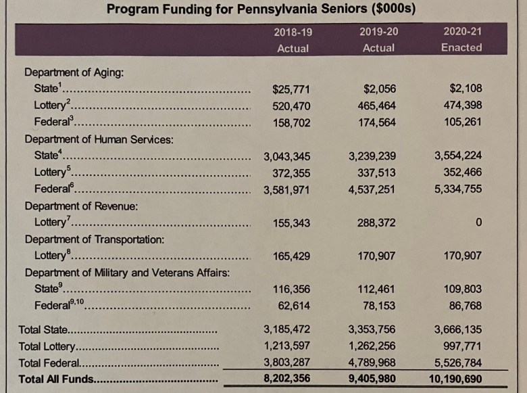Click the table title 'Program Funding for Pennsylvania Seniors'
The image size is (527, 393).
(x=261, y=9)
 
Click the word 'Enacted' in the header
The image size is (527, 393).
(x=461, y=48)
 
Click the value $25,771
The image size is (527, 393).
(x=291, y=89)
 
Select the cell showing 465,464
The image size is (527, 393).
(x=377, y=106)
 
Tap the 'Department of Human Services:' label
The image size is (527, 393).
(x=99, y=139)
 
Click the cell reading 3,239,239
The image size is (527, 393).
(x=372, y=156)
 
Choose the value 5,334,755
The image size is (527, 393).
(x=458, y=189)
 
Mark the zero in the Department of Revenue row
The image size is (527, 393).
(x=478, y=223)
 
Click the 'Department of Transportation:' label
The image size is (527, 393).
(x=94, y=239)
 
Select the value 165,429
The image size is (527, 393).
(x=291, y=256)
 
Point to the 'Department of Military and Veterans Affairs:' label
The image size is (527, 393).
(x=128, y=273)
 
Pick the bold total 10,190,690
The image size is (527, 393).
(x=455, y=379)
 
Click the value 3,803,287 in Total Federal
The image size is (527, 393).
(x=286, y=363)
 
